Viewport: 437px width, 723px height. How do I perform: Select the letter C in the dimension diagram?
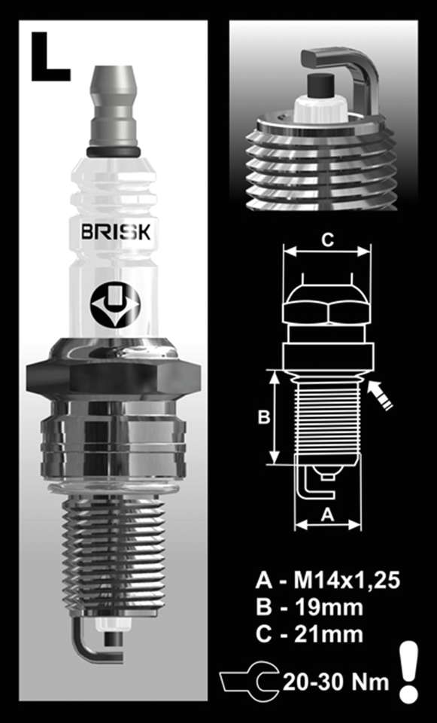(x=327, y=240)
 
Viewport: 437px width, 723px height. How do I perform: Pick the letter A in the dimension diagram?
(x=327, y=514)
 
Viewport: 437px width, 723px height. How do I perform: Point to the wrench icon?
(x=248, y=682)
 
